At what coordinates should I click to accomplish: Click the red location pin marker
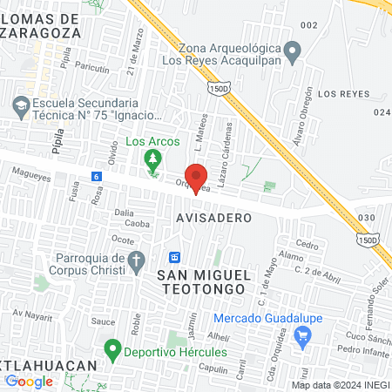tap(197, 176)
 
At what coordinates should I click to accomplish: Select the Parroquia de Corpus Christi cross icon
tap(136, 259)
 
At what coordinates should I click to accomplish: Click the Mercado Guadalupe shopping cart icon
tap(303, 334)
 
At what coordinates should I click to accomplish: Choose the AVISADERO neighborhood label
tap(213, 217)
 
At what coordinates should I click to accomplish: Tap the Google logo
tap(29, 381)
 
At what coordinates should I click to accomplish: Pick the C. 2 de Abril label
tap(314, 274)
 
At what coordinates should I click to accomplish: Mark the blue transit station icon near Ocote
tap(173, 258)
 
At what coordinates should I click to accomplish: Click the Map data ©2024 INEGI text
tap(340, 385)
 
